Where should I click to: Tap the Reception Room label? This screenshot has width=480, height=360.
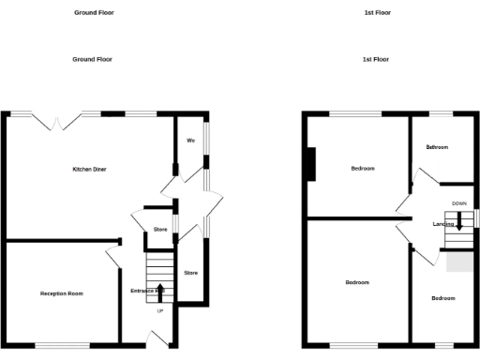pos(61,293)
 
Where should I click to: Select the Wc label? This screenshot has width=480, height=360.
pos(190,141)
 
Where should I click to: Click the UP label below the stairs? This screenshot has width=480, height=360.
pos(159,310)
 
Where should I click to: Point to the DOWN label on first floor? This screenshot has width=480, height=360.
pos(458,203)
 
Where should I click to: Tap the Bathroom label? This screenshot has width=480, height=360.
pos(437,147)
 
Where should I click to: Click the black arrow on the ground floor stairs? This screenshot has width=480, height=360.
pos(159,290)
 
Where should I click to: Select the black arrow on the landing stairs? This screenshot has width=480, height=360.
pos(458,222)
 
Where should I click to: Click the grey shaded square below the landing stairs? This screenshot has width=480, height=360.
pos(458,263)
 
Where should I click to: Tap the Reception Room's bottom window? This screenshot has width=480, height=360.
pos(62,345)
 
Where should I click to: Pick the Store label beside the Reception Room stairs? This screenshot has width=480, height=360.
pos(190,273)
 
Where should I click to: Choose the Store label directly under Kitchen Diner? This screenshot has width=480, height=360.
pos(159,229)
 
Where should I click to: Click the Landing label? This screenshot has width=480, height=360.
pos(442,224)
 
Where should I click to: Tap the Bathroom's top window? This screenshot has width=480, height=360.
pos(442,114)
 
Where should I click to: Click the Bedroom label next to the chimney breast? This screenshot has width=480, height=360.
pos(363,169)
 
